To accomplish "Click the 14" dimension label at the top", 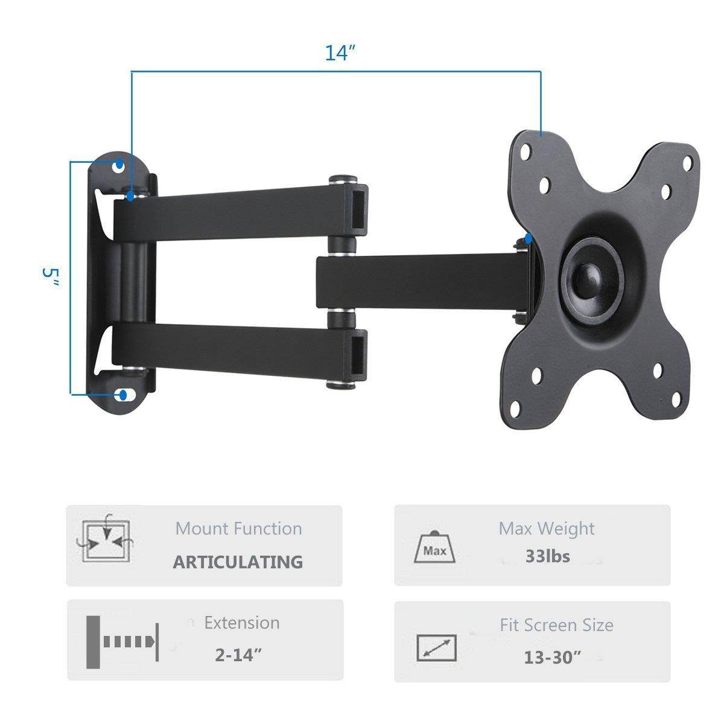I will [x=338, y=53].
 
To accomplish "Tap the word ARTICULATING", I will [x=238, y=562].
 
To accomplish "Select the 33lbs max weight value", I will [x=547, y=556].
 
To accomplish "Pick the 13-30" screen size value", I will [x=551, y=656].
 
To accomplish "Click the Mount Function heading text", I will [x=238, y=529].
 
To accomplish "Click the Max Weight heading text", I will [x=546, y=529].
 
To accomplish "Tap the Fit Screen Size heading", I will [x=556, y=625].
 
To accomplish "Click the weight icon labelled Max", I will [x=435, y=548].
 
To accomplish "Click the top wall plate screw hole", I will [x=119, y=165].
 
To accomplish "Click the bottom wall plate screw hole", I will [x=123, y=395].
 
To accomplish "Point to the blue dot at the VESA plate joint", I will [x=529, y=239].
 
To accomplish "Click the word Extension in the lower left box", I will [x=241, y=623].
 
